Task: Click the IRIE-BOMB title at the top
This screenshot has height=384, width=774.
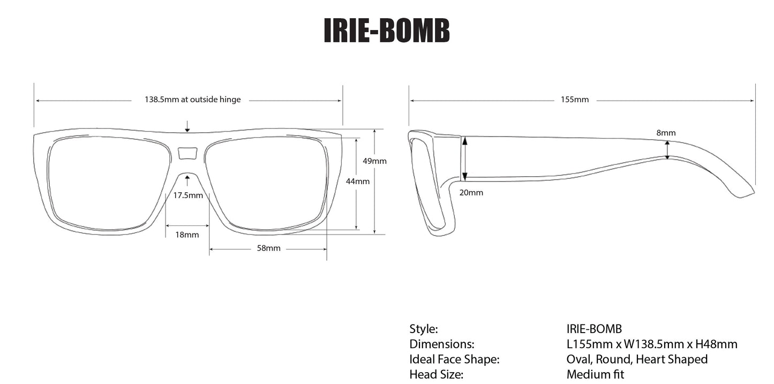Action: (386, 31)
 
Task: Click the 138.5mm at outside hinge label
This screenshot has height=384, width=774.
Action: (192, 100)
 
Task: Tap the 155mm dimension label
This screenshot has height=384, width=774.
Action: (575, 100)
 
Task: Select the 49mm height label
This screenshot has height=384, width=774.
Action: (374, 161)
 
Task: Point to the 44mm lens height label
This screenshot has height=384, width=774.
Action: (357, 181)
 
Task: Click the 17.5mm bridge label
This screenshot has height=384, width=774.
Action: (188, 195)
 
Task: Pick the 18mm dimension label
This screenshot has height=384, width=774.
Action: (187, 235)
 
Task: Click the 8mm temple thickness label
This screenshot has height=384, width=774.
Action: (666, 133)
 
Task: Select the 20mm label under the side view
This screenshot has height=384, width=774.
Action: (471, 192)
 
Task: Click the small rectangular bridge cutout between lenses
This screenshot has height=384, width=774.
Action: (187, 154)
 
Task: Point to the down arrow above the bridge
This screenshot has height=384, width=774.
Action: (187, 126)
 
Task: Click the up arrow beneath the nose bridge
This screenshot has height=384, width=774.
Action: (187, 180)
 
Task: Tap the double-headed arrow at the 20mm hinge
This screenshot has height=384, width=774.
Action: (465, 158)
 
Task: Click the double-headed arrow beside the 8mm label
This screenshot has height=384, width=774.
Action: (667, 150)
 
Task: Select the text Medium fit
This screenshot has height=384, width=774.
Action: (595, 374)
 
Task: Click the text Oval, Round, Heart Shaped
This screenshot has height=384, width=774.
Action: (636, 359)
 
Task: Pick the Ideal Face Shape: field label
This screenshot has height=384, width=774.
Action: (454, 359)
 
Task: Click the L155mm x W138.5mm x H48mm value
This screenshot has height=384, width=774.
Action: (651, 344)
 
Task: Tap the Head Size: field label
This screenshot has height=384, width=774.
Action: (436, 374)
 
